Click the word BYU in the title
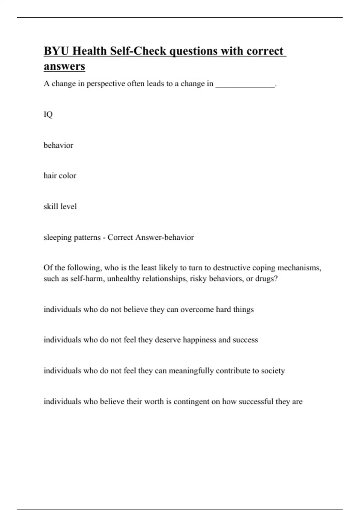click(x=56, y=51)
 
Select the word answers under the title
click(x=64, y=66)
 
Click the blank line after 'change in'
click(x=245, y=84)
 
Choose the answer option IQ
click(x=48, y=114)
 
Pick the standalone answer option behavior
click(x=58, y=145)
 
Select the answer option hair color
click(x=60, y=176)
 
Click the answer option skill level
click(x=60, y=206)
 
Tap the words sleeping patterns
click(x=72, y=238)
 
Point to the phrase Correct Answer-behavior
click(x=151, y=237)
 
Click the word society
click(x=273, y=371)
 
